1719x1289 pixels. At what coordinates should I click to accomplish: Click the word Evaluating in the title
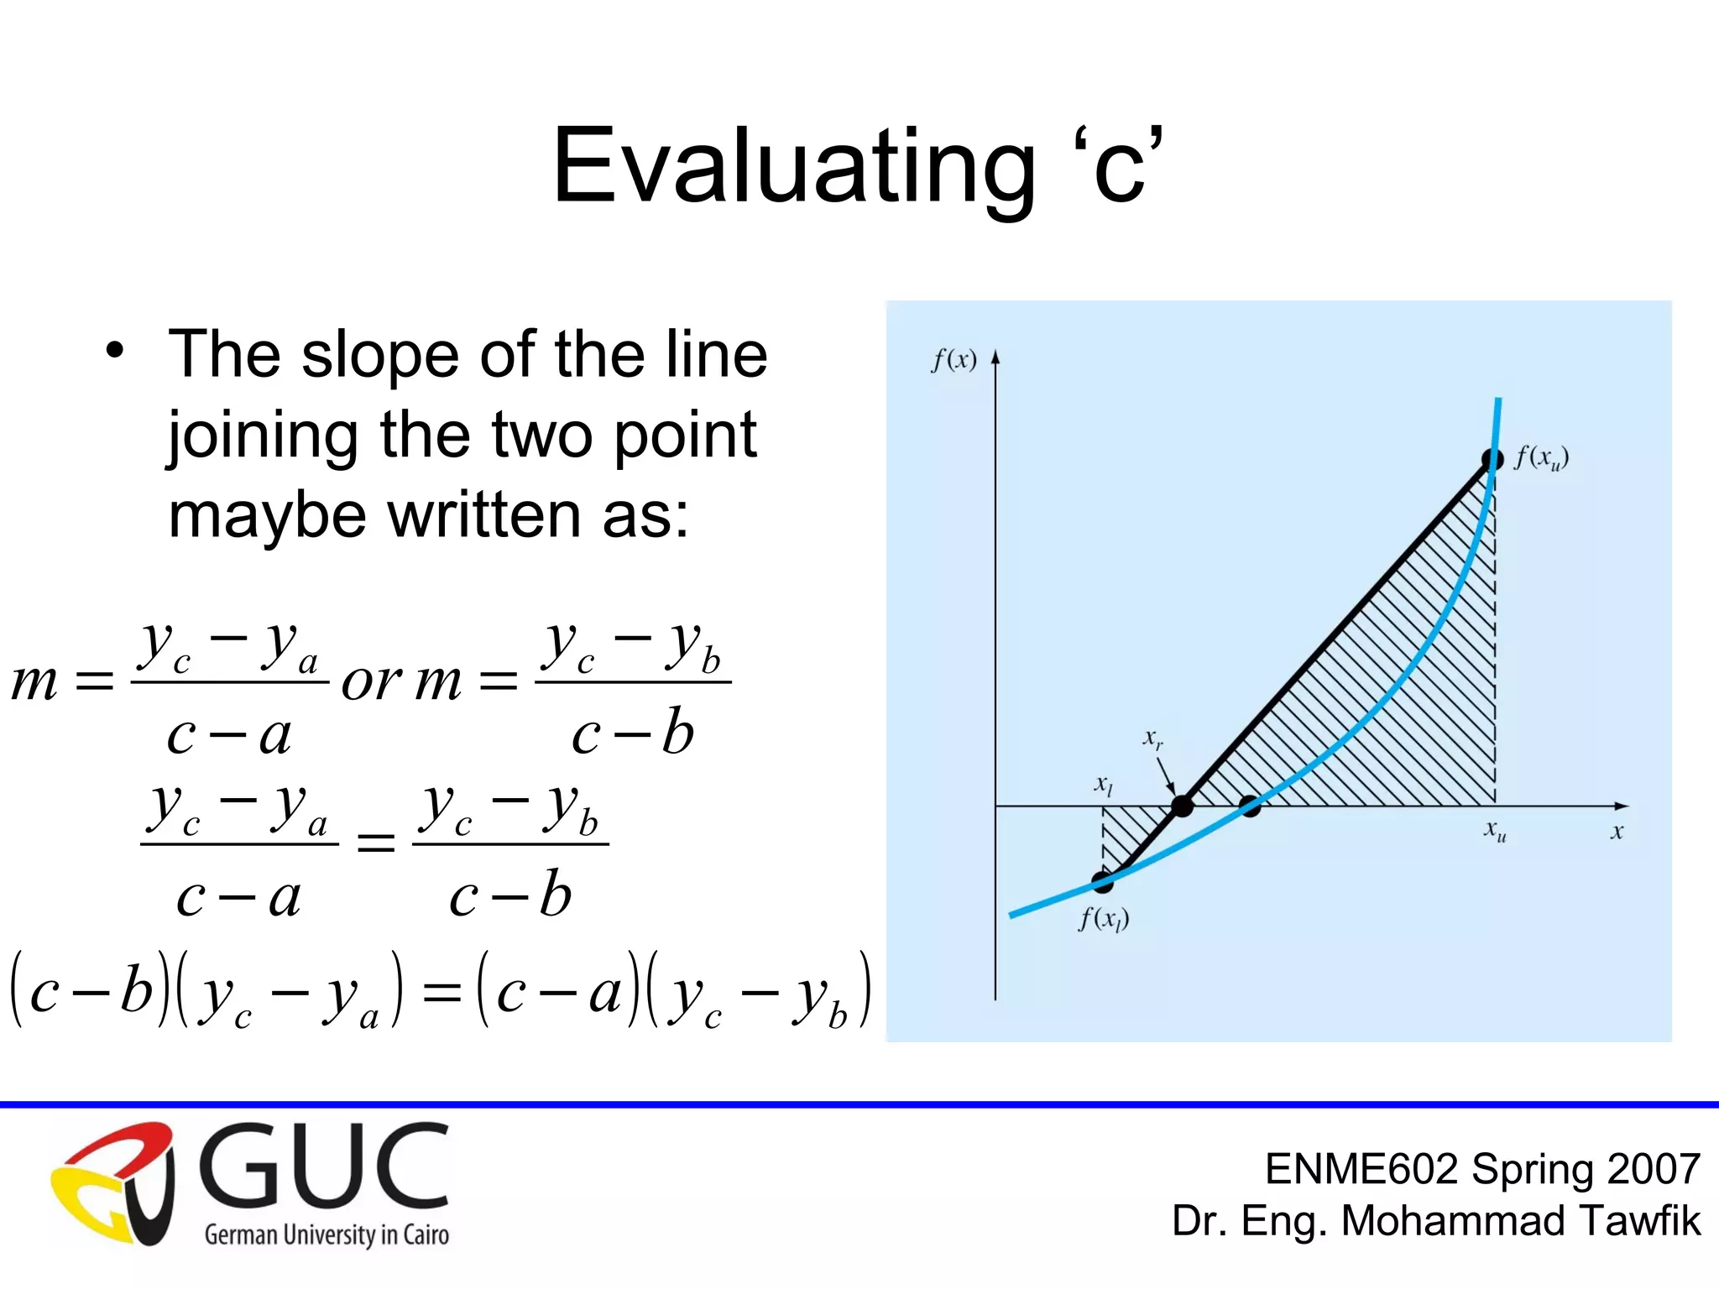(793, 165)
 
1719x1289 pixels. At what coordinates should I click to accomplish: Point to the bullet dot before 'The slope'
(115, 350)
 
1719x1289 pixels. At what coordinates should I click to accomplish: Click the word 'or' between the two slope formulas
(371, 681)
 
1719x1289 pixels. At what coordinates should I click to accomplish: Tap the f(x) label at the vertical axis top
(954, 360)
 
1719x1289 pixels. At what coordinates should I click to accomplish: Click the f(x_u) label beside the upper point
(1541, 458)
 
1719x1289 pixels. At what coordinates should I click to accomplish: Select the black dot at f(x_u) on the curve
(1492, 460)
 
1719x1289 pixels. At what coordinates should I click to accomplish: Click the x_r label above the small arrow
(1152, 738)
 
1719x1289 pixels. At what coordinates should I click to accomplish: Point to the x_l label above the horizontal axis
(1103, 785)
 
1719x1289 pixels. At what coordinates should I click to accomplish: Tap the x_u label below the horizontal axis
(1495, 831)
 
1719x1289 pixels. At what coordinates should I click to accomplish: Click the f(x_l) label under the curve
(1104, 919)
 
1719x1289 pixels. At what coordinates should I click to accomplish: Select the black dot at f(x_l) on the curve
(1102, 882)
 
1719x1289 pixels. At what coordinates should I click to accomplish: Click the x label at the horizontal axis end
(1617, 832)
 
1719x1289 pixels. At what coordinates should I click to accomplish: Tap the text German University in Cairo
(327, 1234)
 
